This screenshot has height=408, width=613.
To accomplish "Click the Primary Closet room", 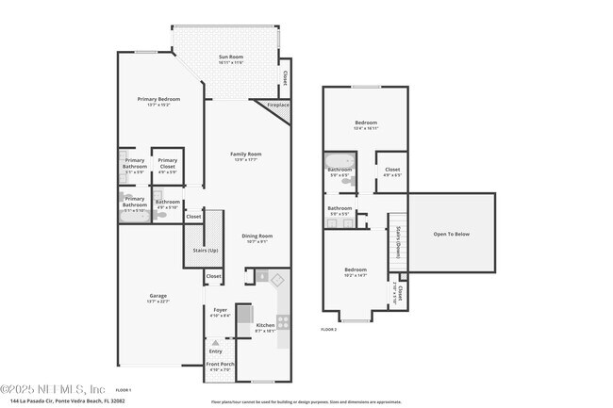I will pyautogui.click(x=168, y=166).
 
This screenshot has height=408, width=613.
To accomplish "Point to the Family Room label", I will pyautogui.click(x=247, y=156).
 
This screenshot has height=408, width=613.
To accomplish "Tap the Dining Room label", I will pyautogui.click(x=257, y=237).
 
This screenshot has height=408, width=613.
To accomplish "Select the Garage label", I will pyautogui.click(x=158, y=298).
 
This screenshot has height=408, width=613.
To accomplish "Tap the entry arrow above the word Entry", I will pyautogui.click(x=216, y=342).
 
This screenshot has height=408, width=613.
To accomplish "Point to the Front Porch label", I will pyautogui.click(x=221, y=366).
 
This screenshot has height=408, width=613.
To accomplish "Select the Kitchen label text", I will pyautogui.click(x=265, y=327).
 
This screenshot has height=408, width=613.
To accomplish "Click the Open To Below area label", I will pyautogui.click(x=451, y=234).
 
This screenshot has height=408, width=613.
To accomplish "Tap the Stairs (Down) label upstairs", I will pyautogui.click(x=398, y=241).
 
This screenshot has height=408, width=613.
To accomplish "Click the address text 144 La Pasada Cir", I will pyautogui.click(x=63, y=400).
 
